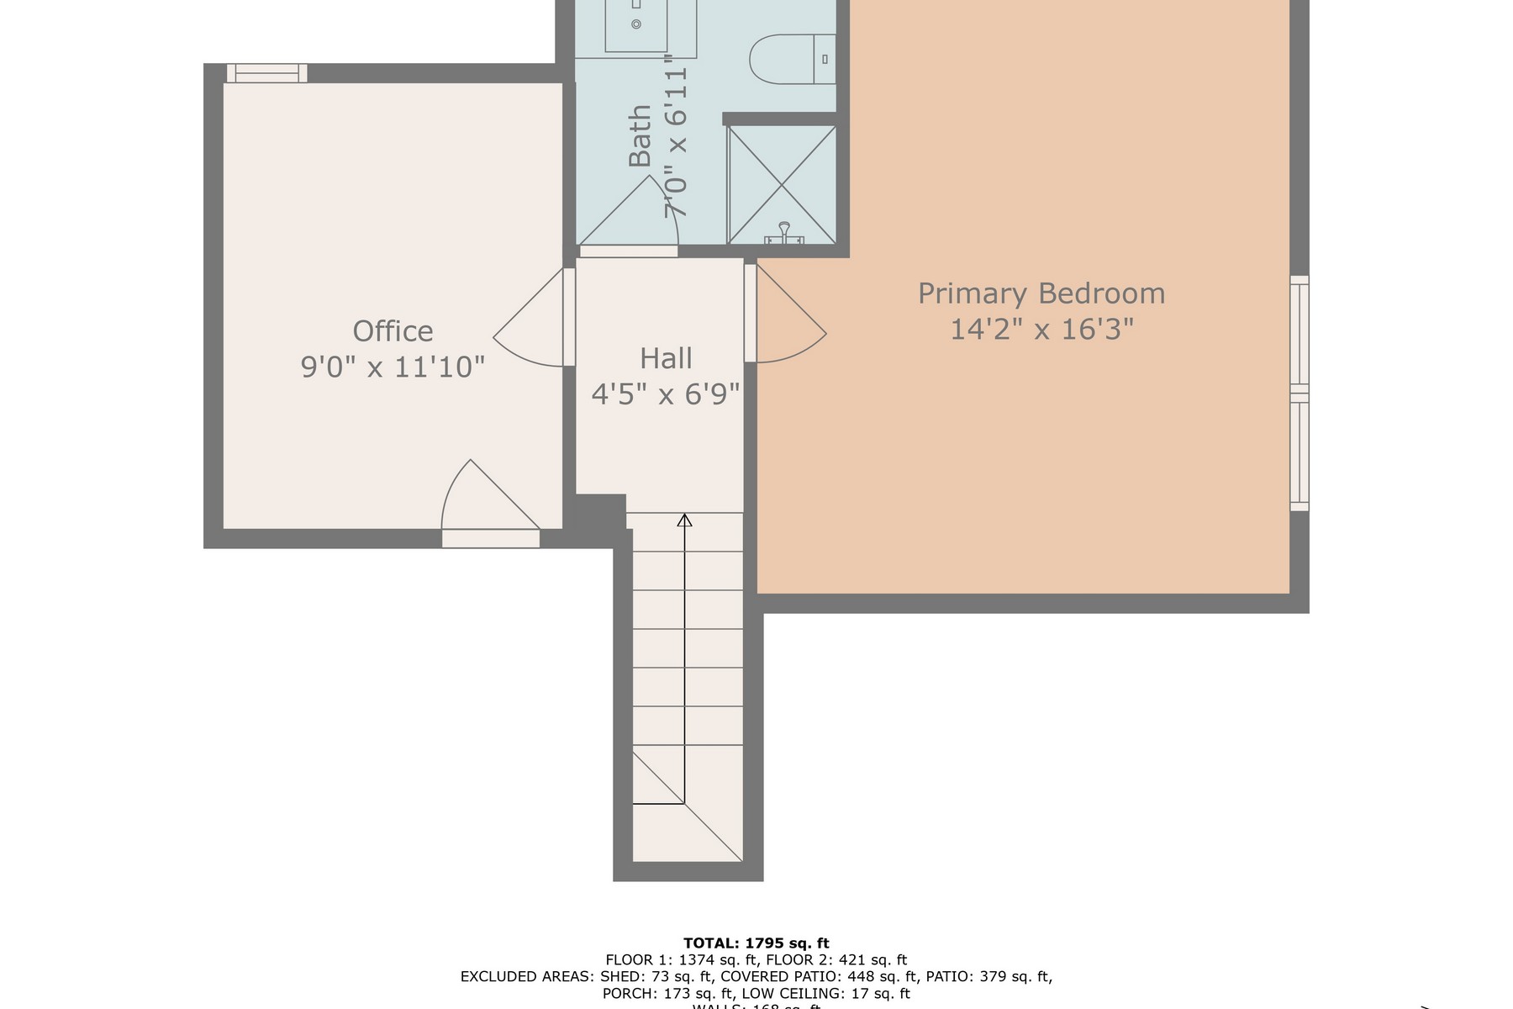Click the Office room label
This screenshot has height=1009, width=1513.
click(393, 331)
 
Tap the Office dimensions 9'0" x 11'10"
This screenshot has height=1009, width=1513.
click(393, 367)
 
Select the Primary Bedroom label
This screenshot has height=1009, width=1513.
click(1041, 293)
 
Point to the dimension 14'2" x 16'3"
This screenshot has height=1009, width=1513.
click(1041, 329)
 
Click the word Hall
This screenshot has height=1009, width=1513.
click(666, 358)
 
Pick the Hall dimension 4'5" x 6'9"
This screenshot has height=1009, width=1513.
click(666, 394)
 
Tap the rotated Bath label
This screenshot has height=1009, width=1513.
click(641, 136)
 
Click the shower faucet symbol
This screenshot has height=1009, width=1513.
click(784, 233)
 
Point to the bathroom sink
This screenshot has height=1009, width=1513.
click(636, 25)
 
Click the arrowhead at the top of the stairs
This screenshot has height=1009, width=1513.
click(685, 520)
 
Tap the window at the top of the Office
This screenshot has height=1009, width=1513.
click(266, 74)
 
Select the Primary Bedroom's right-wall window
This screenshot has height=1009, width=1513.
click(1299, 393)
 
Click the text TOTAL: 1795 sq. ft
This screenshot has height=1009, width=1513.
click(756, 943)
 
